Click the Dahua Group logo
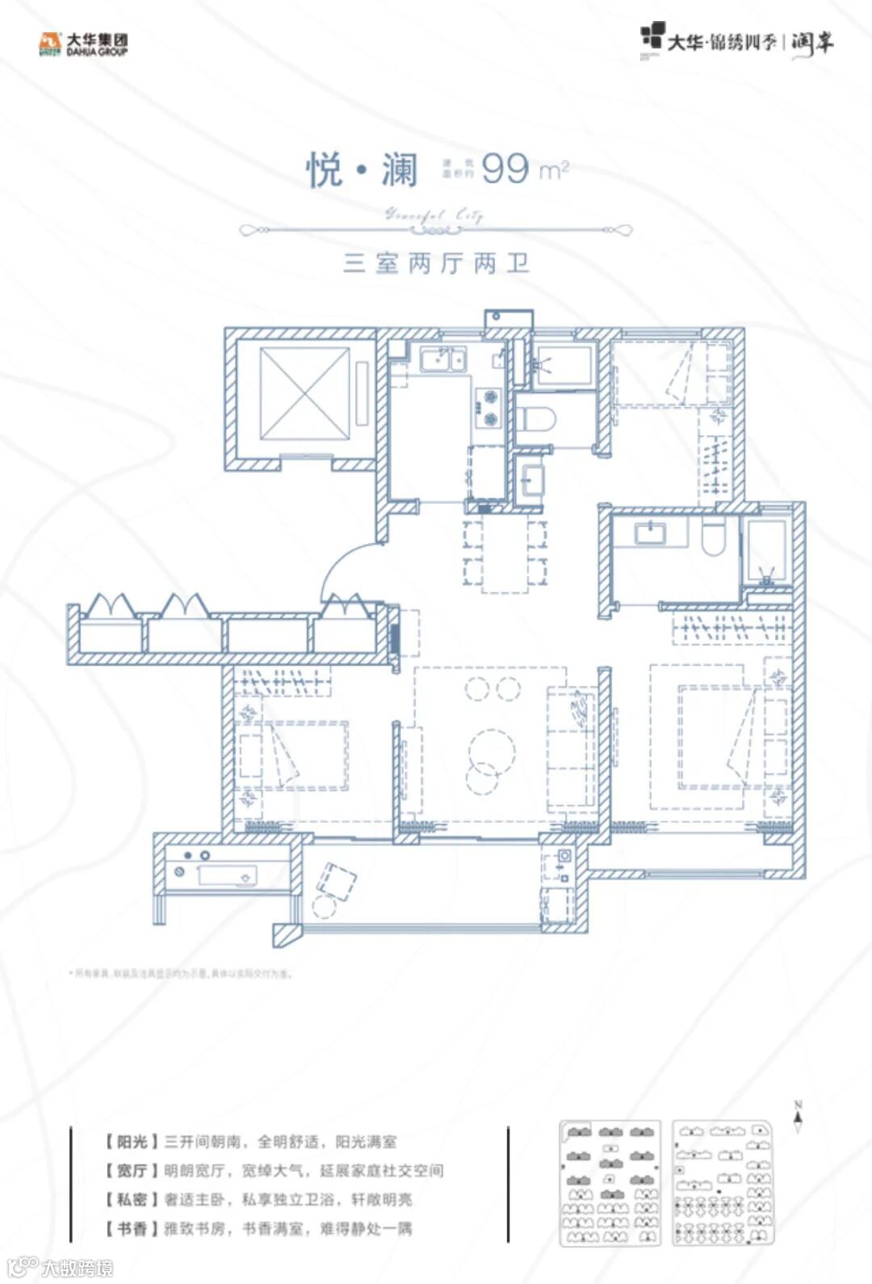[83, 44]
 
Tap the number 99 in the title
[505, 169]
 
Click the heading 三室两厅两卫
[436, 264]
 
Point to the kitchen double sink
[442, 358]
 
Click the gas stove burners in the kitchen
[488, 407]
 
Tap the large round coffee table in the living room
[491, 749]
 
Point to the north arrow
[798, 1118]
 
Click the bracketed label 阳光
[132, 1142]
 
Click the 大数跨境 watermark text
[78, 1268]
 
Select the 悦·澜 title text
[362, 170]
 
